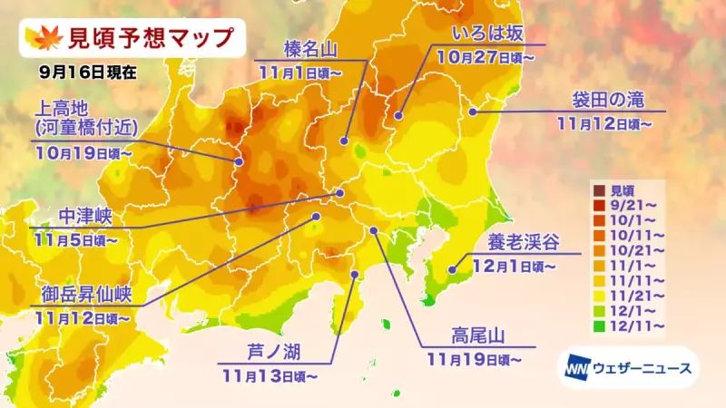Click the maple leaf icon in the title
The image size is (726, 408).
click(x=42, y=39)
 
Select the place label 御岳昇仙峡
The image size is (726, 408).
click(x=87, y=296)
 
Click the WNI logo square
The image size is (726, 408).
click(x=576, y=368)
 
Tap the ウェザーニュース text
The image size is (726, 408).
click(x=642, y=368)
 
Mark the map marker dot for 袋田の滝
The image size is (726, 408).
click(x=473, y=112)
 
